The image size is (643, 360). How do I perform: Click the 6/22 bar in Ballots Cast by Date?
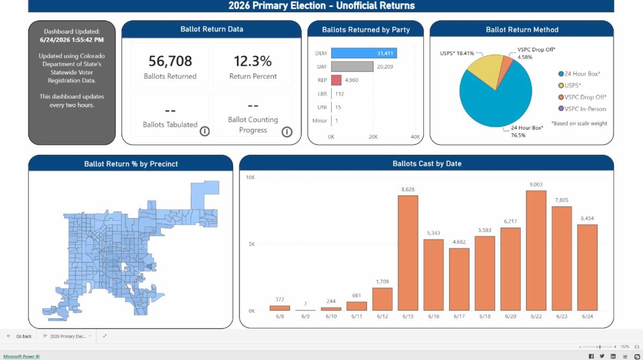[x=536, y=250]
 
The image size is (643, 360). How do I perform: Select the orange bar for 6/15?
[x=408, y=253]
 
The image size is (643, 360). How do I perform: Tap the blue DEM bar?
[x=364, y=53]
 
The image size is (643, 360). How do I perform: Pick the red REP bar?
[x=337, y=80]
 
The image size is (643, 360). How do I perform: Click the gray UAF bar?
[x=352, y=66]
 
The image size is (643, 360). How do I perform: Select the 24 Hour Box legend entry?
[x=579, y=74]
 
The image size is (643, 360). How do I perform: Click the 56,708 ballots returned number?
[x=170, y=61]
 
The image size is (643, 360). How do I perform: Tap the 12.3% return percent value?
[x=252, y=61]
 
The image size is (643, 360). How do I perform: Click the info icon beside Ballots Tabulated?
[x=205, y=131]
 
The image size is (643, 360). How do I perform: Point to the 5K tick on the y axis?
[x=252, y=244]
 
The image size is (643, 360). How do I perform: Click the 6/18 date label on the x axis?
[x=485, y=317]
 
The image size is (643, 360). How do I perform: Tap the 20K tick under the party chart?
[x=373, y=137]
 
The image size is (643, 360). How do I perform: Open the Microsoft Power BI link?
[x=21, y=356]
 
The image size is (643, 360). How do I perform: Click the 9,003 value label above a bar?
[x=536, y=185]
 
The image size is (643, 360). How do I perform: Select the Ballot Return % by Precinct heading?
[x=131, y=164]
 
